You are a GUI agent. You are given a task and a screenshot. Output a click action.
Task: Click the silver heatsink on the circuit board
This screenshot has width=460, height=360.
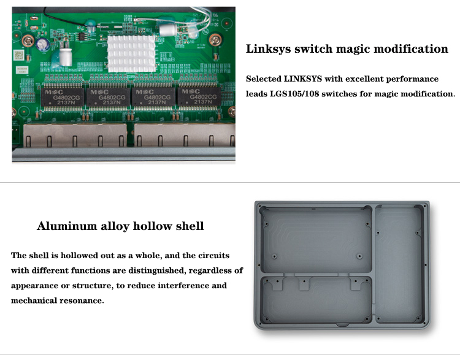point(131,54)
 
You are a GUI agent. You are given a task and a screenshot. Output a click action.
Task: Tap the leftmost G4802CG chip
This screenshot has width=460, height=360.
point(63,97)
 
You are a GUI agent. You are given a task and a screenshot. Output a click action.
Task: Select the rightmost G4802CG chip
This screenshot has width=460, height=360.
point(199,96)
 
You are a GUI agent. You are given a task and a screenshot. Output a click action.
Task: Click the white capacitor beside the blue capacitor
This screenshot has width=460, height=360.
point(66,56)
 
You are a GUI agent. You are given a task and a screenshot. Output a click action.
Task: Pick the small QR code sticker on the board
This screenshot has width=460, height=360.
point(19,55)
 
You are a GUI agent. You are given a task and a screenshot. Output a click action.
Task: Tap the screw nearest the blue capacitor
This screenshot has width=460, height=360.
point(28,40)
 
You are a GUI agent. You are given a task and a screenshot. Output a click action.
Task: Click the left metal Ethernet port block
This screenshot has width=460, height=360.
point(75,135)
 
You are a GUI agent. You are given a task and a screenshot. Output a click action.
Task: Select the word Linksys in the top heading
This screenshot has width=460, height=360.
point(269,49)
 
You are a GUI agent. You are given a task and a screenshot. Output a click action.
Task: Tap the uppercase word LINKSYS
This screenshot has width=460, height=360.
point(303,79)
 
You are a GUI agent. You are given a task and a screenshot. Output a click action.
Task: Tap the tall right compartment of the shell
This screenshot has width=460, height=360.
point(399,264)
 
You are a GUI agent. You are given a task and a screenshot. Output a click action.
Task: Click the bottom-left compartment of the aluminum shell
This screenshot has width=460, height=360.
point(316,299)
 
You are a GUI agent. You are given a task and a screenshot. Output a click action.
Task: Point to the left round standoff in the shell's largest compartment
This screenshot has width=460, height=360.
point(275,256)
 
